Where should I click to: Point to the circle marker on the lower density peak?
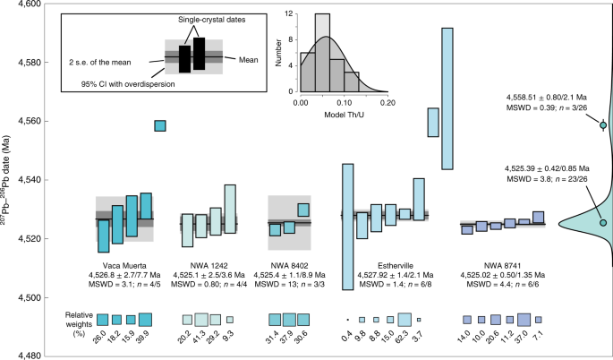pos(603,222)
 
